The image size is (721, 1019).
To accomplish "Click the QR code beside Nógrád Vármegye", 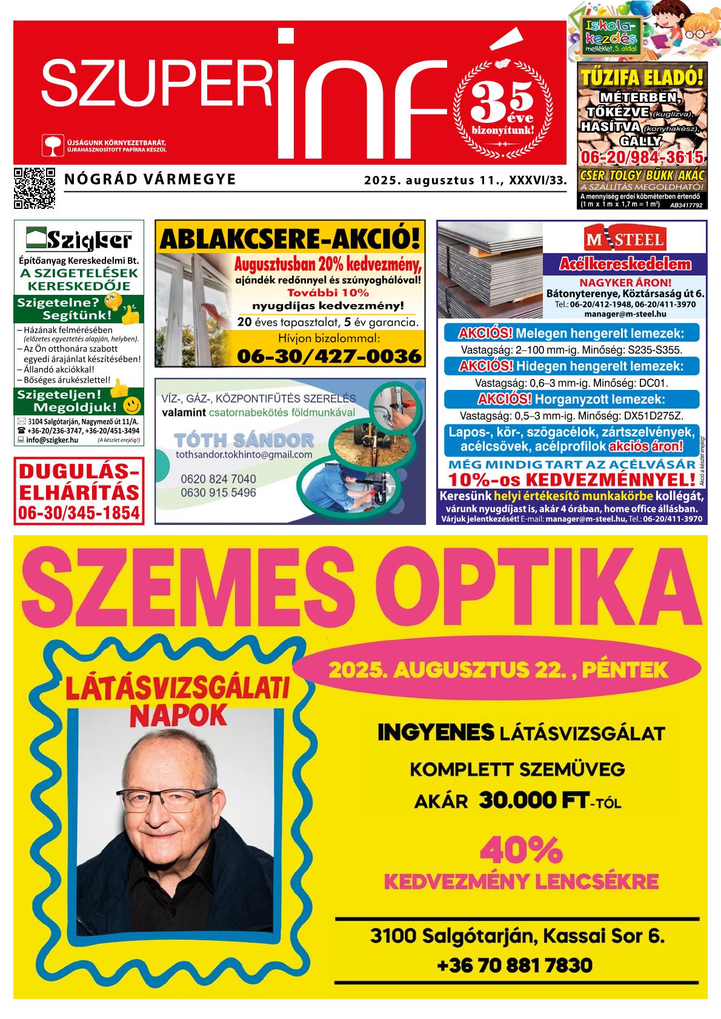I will coord(34,188).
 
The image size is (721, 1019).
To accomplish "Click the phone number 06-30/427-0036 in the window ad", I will coord(328,356).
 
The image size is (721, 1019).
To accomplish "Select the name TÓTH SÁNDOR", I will coord(244,440).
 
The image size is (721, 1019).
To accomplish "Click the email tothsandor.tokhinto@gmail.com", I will coord(244,455).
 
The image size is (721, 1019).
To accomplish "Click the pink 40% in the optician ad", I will coord(521,851).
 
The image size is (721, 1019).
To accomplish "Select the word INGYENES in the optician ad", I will coord(435,733).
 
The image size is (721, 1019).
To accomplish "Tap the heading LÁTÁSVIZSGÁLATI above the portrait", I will coord(178,690).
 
